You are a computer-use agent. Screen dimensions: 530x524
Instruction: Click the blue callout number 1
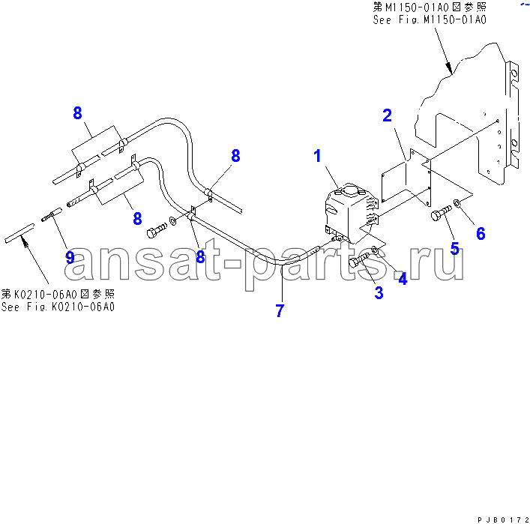pyautogui.click(x=317, y=156)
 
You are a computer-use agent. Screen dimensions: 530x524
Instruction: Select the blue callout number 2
pyautogui.click(x=387, y=115)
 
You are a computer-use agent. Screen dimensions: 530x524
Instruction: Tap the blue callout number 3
pyautogui.click(x=379, y=293)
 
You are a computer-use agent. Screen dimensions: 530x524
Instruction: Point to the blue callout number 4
pyautogui.click(x=403, y=279)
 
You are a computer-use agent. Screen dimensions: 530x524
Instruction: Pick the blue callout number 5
pyautogui.click(x=454, y=248)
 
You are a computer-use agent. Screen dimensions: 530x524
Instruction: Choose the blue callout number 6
pyautogui.click(x=481, y=234)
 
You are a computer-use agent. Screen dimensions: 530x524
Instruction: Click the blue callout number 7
pyautogui.click(x=280, y=310)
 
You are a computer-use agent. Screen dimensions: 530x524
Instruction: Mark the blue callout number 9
pyautogui.click(x=70, y=258)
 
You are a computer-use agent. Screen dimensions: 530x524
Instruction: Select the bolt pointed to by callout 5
pyautogui.click(x=441, y=213)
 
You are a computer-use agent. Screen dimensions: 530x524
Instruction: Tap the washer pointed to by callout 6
pyautogui.click(x=457, y=203)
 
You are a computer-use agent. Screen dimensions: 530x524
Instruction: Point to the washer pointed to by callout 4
pyautogui.click(x=375, y=250)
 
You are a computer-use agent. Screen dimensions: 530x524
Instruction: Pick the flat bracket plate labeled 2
pyautogui.click(x=406, y=178)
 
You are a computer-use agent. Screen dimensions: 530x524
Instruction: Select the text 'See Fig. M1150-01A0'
pyautogui.click(x=430, y=20)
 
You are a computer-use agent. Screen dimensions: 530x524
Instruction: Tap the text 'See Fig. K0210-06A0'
pyautogui.click(x=58, y=307)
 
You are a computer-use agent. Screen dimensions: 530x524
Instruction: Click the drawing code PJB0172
pyautogui.click(x=503, y=520)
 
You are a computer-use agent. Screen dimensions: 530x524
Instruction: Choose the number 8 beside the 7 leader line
pyautogui.click(x=200, y=257)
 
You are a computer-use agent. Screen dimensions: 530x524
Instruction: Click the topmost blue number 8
pyautogui.click(x=77, y=113)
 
